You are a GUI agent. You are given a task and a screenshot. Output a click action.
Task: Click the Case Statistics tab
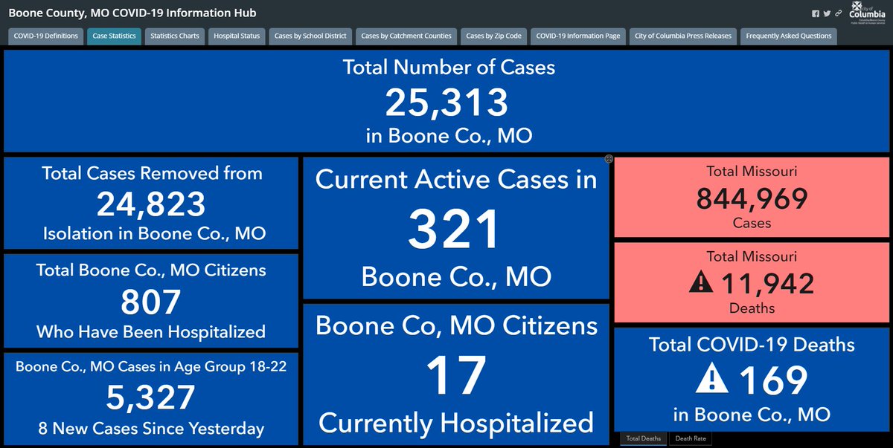tap(114, 36)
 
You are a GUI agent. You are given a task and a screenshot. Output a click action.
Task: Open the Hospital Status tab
tap(236, 36)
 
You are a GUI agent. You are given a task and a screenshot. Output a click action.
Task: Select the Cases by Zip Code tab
tap(493, 36)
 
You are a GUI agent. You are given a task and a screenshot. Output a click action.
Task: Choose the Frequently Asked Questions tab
tap(788, 36)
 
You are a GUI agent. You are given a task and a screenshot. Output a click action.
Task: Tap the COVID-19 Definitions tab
tap(45, 36)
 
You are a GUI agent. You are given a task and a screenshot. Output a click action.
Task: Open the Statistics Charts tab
tap(174, 36)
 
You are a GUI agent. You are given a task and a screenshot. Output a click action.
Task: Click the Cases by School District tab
tap(310, 36)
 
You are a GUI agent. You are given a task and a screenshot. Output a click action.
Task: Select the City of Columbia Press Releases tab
tap(683, 36)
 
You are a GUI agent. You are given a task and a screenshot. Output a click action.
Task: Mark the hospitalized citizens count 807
tap(151, 302)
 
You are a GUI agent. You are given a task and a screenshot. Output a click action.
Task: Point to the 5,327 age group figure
tap(151, 398)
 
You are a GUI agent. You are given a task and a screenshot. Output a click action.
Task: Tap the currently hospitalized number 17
tap(455, 375)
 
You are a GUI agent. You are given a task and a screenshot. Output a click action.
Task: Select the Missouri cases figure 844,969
tap(752, 198)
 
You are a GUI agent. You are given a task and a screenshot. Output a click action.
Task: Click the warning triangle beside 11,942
tap(702, 282)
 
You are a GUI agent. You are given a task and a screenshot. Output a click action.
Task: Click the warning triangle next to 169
tap(713, 380)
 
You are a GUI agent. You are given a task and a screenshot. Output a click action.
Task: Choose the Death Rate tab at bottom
tap(691, 438)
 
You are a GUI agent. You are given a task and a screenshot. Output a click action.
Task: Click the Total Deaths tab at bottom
tap(644, 438)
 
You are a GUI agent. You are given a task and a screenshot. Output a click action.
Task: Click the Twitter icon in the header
tap(827, 13)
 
